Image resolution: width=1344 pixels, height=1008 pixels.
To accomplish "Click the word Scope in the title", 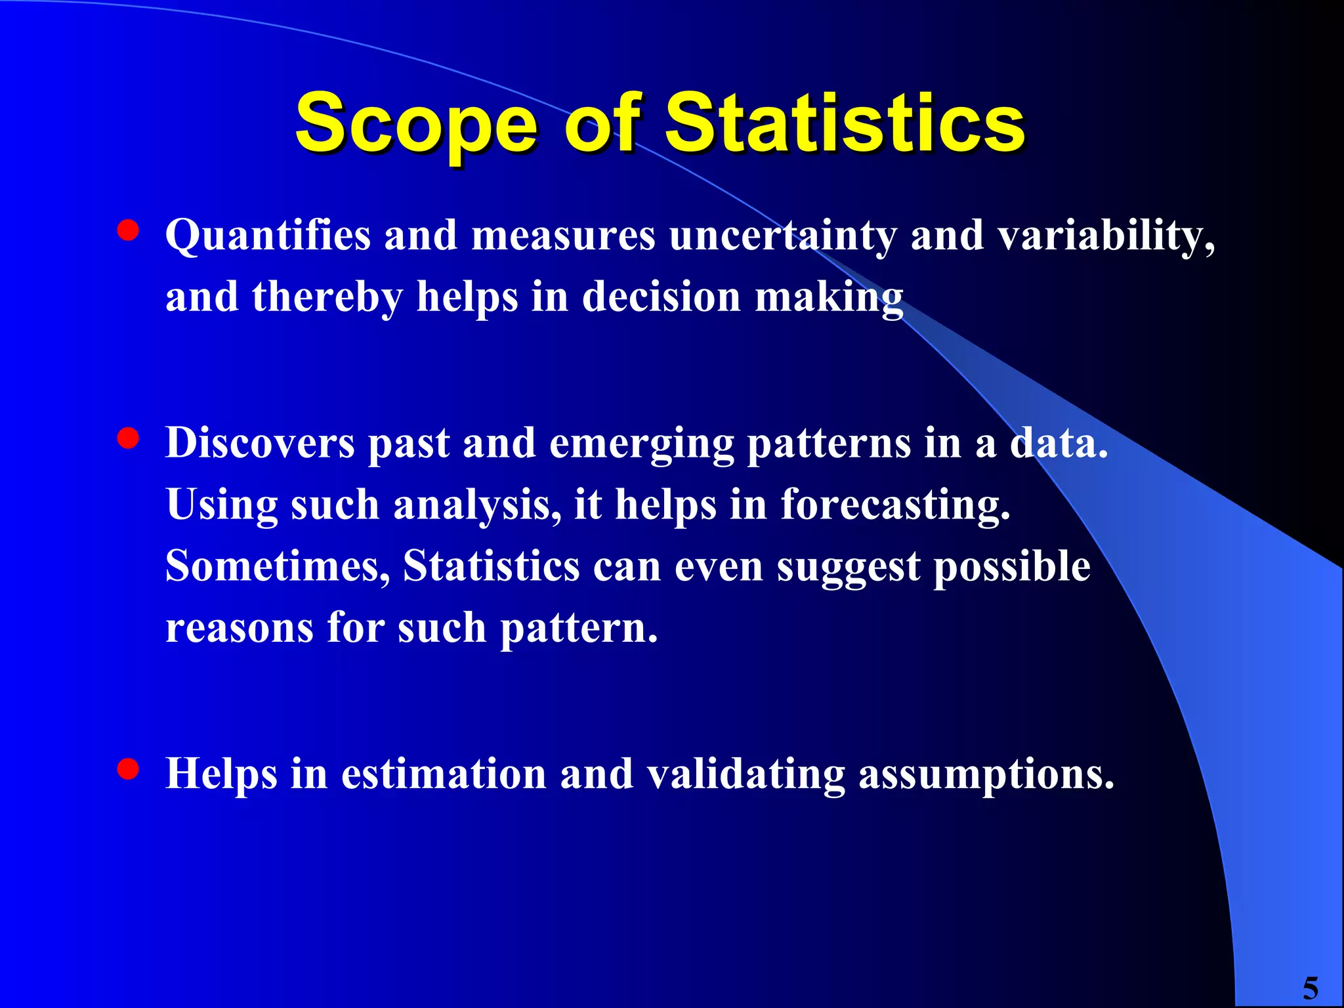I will coord(417,125).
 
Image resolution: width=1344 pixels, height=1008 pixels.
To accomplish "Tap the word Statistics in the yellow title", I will coord(845,123).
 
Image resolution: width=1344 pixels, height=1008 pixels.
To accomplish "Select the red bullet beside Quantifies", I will coord(128,230).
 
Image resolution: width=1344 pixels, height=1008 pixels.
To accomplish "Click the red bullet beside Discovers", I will coord(128,438).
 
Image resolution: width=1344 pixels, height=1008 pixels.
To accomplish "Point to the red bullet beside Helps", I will coord(128,768).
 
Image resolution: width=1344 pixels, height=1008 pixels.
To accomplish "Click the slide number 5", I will coord(1310,988).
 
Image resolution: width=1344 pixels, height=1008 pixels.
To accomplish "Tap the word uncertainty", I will coord(782,235).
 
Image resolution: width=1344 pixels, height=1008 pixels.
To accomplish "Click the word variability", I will coord(1105,235).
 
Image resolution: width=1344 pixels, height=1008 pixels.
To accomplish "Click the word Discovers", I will coord(260,442).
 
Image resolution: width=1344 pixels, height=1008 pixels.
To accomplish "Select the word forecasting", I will coord(894,506).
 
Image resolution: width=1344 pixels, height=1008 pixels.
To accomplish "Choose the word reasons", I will coord(239,628).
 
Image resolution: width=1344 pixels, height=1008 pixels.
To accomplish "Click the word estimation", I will coord(444,773).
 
